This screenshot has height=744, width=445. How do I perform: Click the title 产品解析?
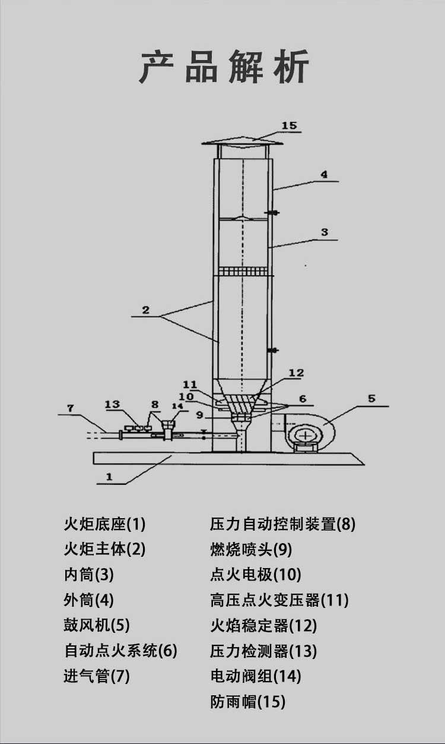224,67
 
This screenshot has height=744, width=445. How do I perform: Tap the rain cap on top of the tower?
243,141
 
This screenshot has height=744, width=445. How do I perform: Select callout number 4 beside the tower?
324,175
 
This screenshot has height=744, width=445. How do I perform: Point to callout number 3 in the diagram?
324,233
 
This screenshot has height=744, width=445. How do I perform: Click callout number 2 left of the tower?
145,310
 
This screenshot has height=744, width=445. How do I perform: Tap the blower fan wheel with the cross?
306,436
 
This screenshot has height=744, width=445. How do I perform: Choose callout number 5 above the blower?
371,399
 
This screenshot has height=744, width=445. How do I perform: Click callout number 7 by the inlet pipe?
70,408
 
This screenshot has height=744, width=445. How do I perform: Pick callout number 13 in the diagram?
112,405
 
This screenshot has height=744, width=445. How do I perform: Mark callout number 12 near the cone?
296,373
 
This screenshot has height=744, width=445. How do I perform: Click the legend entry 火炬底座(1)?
104,524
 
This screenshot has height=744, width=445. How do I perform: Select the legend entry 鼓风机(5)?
97,625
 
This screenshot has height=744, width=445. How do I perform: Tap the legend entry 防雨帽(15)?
247,702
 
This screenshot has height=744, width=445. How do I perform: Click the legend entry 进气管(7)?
97,676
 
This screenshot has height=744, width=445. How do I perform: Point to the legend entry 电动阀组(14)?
256,676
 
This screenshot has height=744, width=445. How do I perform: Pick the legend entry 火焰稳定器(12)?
263,625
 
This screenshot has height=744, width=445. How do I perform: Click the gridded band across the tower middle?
243,272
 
